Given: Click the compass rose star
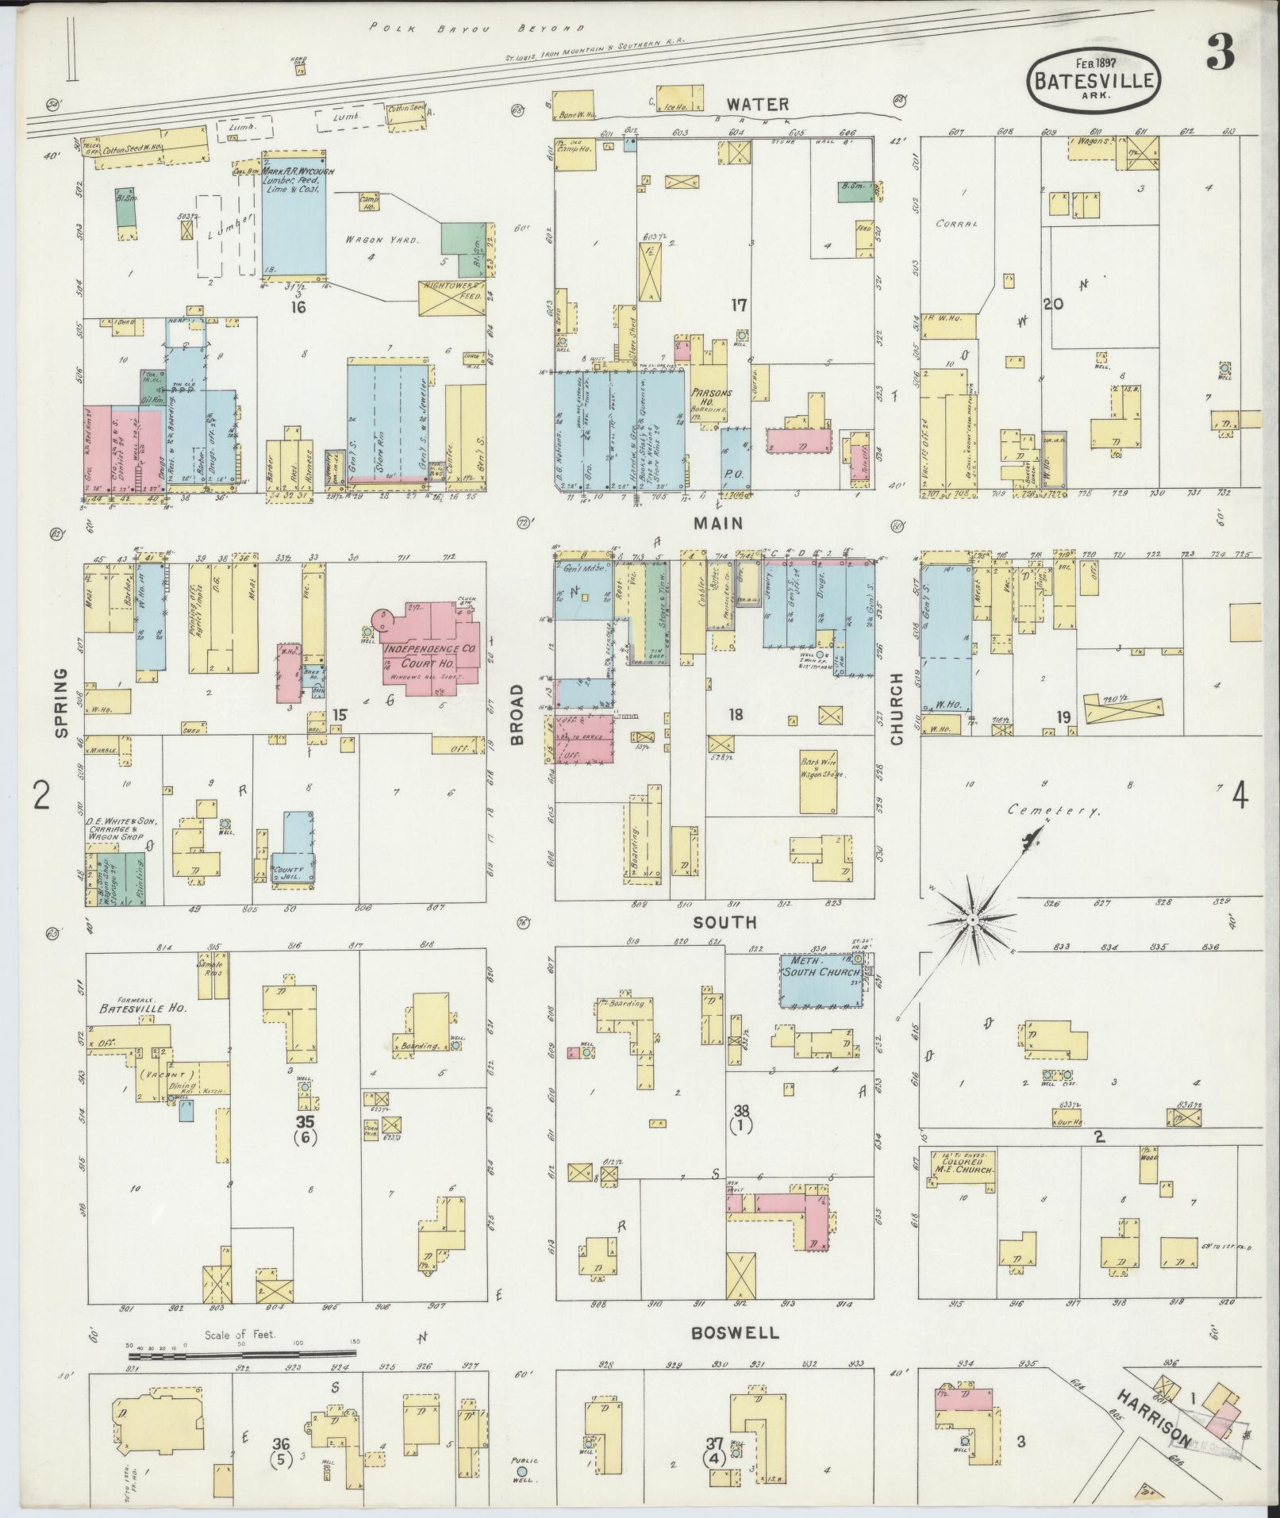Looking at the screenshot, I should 971,919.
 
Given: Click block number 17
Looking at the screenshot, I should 740,304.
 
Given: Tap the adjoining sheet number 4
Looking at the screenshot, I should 1239,795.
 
